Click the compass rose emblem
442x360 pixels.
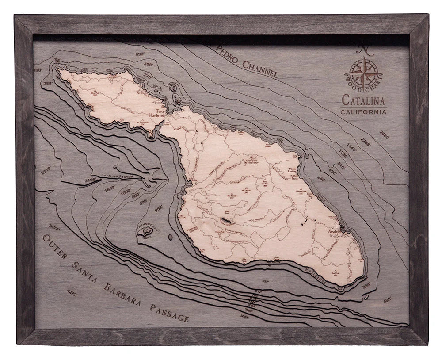click(364, 72)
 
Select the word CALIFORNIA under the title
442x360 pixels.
click(363, 112)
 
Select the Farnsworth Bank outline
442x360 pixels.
click(144, 230)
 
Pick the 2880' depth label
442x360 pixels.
click(384, 134)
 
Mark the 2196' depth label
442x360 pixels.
click(90, 180)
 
